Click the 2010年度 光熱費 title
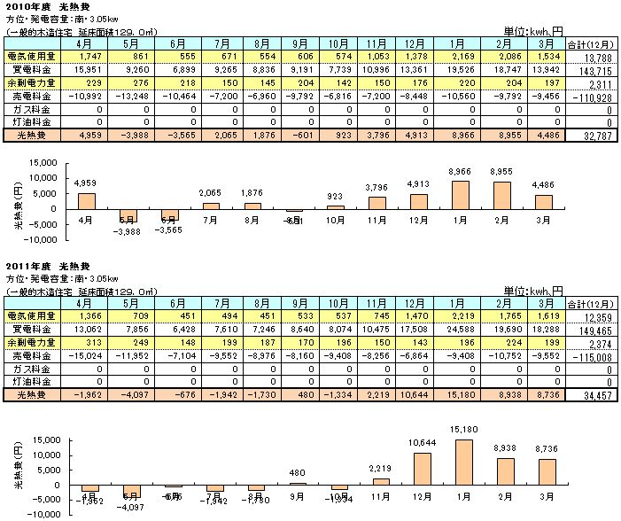point(36,6)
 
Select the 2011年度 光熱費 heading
point(36,266)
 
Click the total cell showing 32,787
point(593,135)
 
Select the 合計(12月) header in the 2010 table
point(591,42)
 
